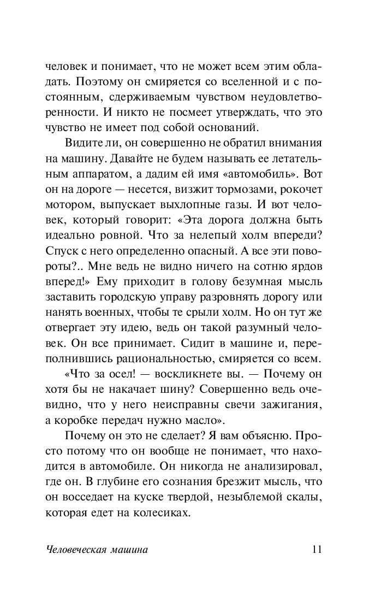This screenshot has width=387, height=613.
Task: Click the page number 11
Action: pyautogui.click(x=316, y=550)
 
